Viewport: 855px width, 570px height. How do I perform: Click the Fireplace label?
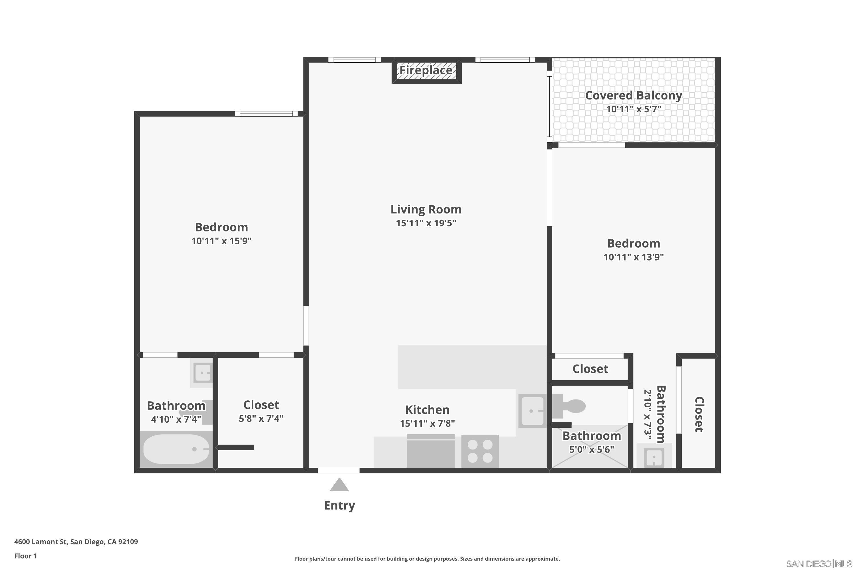pos(426,70)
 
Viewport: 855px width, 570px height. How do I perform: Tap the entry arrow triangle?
pos(339,485)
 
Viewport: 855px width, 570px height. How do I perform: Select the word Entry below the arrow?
pos(339,505)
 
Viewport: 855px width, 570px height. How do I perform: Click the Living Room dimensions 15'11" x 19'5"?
pos(426,223)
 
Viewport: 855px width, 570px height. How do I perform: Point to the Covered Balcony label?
pos(633,95)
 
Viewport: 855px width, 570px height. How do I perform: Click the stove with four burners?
pos(480,451)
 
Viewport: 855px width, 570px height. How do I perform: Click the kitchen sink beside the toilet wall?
pos(532,411)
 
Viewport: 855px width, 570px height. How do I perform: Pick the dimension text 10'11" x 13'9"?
pos(633,257)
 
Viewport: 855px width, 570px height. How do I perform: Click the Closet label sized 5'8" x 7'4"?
pos(261,405)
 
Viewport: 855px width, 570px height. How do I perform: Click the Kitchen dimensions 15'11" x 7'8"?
pos(427,424)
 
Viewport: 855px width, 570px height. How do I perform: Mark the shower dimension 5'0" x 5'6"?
pos(591,450)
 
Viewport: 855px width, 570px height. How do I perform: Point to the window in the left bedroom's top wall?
pos(266,114)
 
